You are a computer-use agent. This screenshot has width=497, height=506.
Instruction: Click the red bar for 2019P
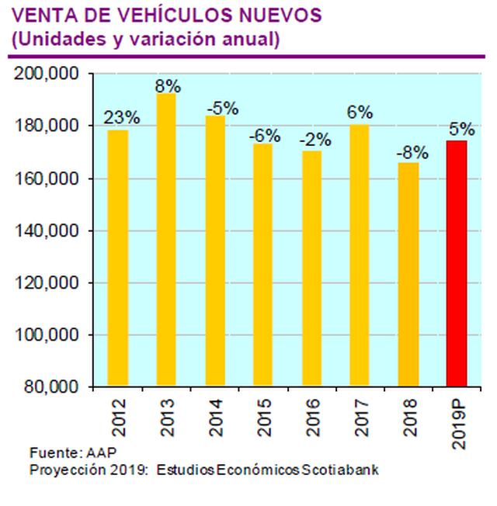pyautogui.click(x=457, y=264)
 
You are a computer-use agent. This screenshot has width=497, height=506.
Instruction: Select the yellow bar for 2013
pyautogui.click(x=165, y=241)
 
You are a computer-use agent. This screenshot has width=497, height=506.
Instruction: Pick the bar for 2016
pyautogui.click(x=311, y=269)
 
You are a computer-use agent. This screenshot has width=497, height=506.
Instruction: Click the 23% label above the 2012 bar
pyautogui.click(x=122, y=118)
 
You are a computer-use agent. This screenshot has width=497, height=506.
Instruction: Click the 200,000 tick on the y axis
pyautogui.click(x=48, y=74)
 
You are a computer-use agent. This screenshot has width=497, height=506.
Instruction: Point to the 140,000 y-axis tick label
pyautogui.click(x=48, y=230)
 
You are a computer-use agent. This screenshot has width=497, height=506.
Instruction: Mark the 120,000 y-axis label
pyautogui.click(x=48, y=282)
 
